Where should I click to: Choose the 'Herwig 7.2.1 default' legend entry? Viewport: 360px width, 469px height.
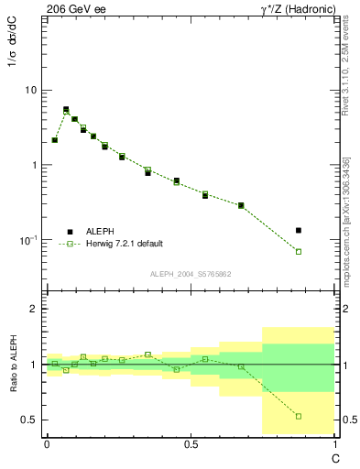coord(125,244)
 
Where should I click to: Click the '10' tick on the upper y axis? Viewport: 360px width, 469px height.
coord(30,90)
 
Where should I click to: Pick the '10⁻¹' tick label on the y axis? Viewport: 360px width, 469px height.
coord(28,240)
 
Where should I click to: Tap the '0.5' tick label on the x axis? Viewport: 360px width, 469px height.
coord(191,444)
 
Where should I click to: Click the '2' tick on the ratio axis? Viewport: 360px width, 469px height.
coord(34,309)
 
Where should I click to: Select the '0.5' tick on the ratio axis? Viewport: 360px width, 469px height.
coord(30,420)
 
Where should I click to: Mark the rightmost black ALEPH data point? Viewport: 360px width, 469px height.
coord(299,230)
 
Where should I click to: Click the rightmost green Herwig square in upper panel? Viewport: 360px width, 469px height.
coord(299,251)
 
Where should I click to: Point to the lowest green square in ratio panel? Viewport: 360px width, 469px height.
coord(299,416)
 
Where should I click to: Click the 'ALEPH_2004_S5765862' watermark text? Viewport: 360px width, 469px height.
coord(190,274)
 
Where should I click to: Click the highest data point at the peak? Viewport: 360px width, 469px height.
coord(66,109)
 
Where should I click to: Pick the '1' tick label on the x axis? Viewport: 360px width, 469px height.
coord(334,444)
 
